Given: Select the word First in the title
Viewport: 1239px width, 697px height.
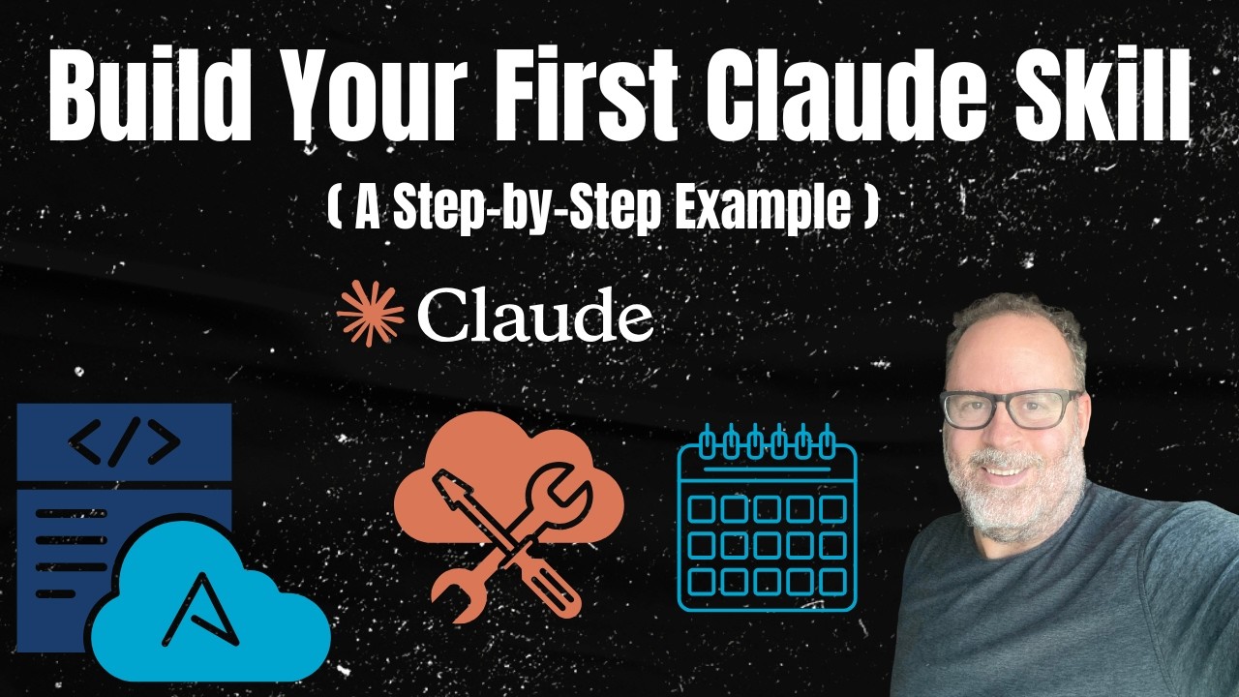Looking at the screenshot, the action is [x=586, y=96].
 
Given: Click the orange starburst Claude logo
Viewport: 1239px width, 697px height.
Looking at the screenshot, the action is [x=371, y=314].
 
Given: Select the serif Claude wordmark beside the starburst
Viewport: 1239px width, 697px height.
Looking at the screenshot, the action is [x=535, y=314].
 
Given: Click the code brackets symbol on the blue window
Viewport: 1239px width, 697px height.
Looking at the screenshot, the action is [x=124, y=442].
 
